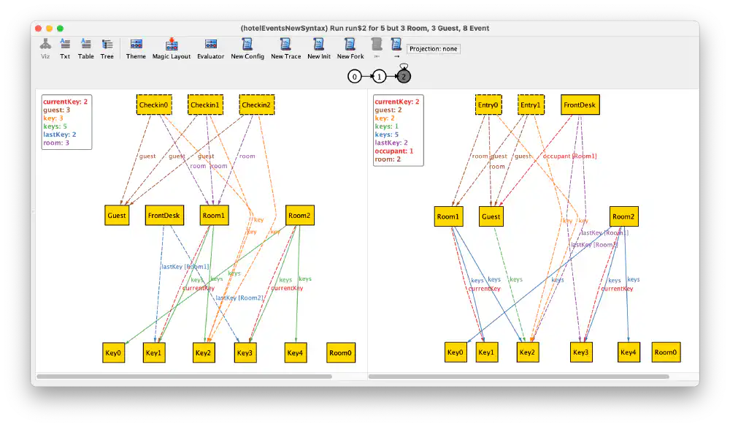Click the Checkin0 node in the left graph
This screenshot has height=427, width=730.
[154, 105]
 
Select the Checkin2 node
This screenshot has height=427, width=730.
[255, 105]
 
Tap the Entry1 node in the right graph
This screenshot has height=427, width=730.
[531, 105]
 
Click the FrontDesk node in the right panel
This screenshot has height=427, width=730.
[580, 105]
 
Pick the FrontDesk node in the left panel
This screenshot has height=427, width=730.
[164, 216]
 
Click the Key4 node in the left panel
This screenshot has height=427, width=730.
[295, 353]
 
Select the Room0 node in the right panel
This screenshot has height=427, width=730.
[666, 352]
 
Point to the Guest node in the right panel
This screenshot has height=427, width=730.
[491, 216]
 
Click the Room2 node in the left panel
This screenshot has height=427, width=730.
[299, 216]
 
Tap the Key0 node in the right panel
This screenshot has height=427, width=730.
[456, 352]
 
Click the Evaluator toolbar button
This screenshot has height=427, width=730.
[210, 48]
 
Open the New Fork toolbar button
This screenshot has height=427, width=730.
[350, 48]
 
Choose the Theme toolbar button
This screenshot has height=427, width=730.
[136, 48]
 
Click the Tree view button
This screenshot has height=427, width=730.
[107, 48]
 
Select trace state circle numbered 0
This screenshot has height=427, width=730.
[355, 76]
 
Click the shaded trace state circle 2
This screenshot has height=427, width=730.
[404, 76]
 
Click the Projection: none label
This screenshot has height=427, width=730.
[434, 49]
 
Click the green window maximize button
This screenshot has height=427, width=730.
[61, 28]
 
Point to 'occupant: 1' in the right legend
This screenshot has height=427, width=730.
[394, 151]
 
